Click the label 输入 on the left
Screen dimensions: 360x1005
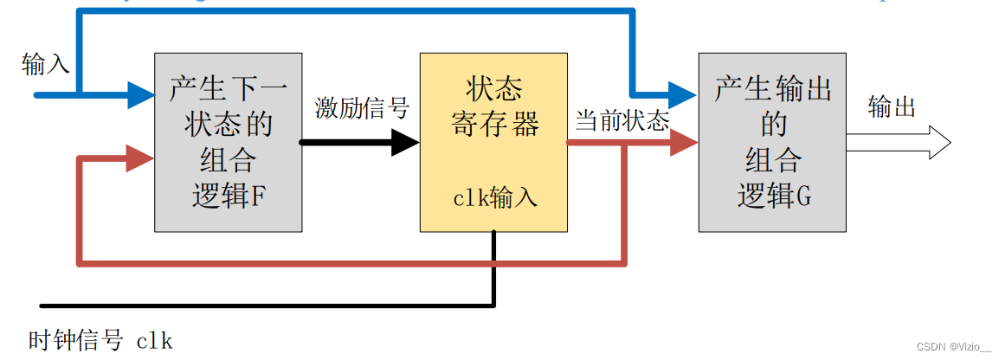[x=46, y=64]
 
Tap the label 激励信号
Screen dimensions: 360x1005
[x=361, y=108]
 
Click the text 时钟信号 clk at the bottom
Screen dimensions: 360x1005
[x=100, y=340]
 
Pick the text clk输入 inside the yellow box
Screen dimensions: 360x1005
[x=495, y=198]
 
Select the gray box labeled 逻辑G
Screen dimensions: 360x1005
[x=772, y=142]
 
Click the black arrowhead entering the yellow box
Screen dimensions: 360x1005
[x=404, y=142]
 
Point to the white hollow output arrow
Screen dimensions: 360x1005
[x=900, y=142]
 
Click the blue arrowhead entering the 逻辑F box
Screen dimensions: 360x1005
[x=140, y=93]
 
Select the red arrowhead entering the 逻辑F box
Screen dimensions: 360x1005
[x=140, y=158]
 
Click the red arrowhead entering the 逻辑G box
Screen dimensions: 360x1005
[x=684, y=142]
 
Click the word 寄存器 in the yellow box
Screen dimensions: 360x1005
[x=495, y=125]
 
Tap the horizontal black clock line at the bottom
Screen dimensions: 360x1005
[x=260, y=305]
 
